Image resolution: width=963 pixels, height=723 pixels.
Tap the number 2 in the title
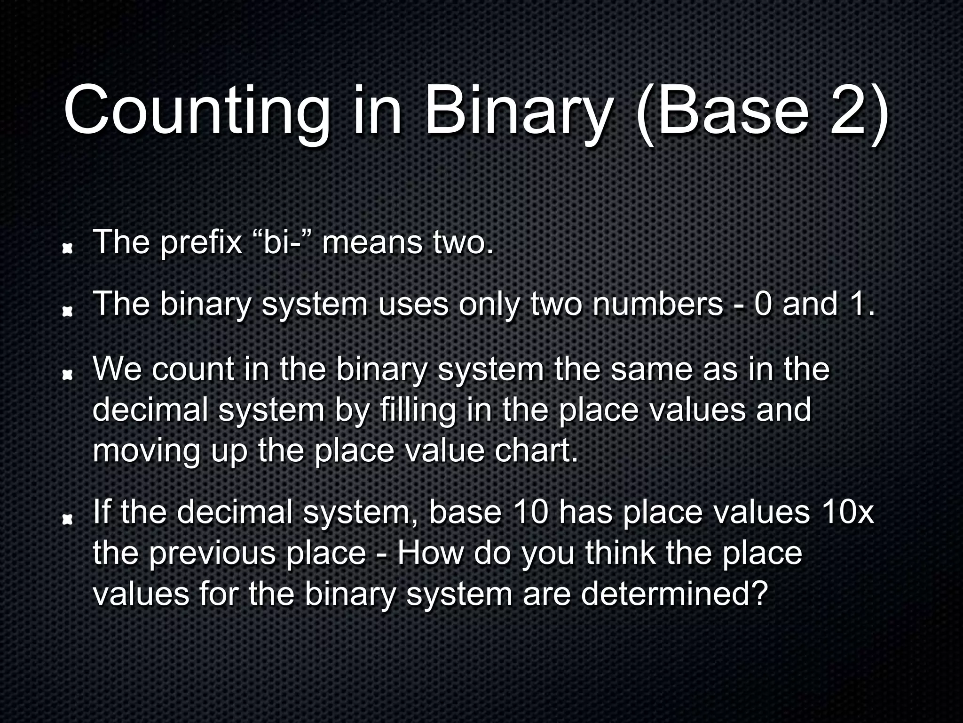pyautogui.click(x=848, y=111)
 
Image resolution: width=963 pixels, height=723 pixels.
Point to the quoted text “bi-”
pyautogui.click(x=282, y=242)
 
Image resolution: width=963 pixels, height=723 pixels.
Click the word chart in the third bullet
pyautogui.click(x=536, y=451)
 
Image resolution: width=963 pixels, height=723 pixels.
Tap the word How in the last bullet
pyautogui.click(x=430, y=553)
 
